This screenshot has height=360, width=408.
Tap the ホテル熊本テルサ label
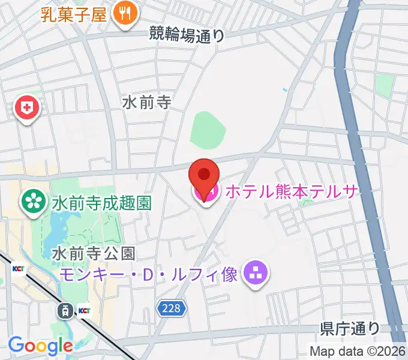[x=292, y=191]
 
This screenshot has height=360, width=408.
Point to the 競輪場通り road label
[x=187, y=35]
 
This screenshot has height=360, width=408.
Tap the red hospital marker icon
[x=27, y=109]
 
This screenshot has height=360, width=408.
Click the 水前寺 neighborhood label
[x=147, y=103]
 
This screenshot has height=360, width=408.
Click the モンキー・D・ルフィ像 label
[x=150, y=275]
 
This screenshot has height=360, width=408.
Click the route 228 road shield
[x=172, y=309]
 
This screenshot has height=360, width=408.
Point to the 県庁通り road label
[x=350, y=328]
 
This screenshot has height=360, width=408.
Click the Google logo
[x=40, y=346]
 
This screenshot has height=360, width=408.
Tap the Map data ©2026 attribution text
[x=358, y=351]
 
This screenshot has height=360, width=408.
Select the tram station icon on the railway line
[x=64, y=311]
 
